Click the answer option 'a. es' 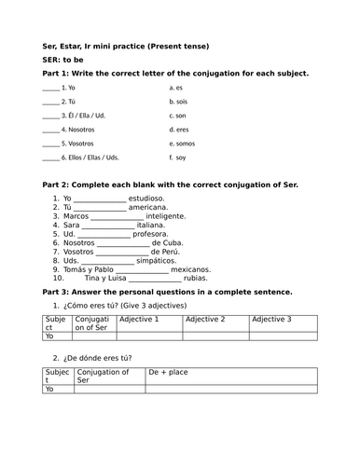(176, 87)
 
